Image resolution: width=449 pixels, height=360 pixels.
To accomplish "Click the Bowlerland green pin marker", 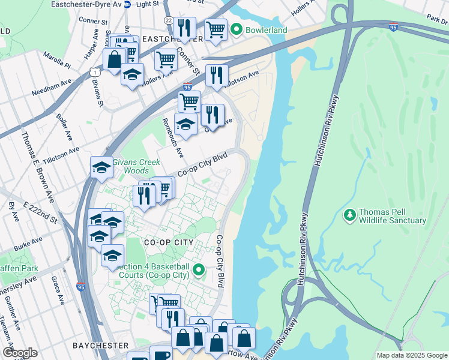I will tap(237, 29).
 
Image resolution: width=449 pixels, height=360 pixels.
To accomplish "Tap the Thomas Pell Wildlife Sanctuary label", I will tap(393, 216).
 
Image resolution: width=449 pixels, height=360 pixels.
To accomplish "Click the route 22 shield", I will tap(168, 20).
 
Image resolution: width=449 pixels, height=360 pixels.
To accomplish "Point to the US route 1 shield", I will tap(95, 72).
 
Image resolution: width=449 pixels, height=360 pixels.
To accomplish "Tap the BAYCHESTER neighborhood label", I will tap(100, 346).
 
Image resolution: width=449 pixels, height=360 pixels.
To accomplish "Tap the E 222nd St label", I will tap(40, 212).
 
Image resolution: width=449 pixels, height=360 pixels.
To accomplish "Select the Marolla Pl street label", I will tap(57, 60).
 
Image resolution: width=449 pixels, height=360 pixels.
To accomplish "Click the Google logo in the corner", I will tap(20, 353).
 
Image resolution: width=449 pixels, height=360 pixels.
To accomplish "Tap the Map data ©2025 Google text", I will tap(411, 355).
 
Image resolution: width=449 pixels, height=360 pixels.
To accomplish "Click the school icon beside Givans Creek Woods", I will tap(101, 167).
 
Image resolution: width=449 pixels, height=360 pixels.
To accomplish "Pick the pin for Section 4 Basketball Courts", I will tap(202, 271).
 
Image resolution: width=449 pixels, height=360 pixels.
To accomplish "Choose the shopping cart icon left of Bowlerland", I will tap(215, 29).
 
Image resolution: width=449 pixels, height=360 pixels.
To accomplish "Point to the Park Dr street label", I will tap(436, 19).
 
